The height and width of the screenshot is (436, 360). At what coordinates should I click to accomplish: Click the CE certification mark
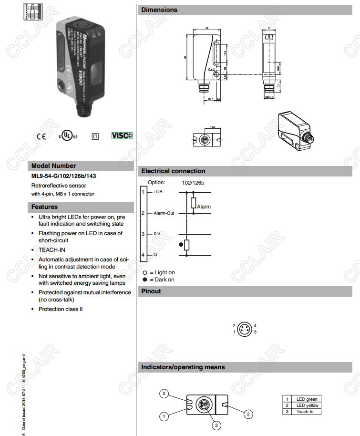point(41,136)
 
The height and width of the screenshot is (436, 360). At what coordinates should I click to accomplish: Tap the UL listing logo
point(68,136)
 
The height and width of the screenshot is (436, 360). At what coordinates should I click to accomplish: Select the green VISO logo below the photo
point(122,135)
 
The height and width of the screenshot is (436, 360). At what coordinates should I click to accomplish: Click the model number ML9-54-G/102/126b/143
point(63,176)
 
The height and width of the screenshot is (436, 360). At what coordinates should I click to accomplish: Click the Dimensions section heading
point(159,10)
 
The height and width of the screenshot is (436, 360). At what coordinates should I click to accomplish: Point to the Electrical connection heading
point(173,171)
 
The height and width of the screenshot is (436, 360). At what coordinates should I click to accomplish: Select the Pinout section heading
point(151,291)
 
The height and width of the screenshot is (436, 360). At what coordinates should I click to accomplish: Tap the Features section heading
point(44,207)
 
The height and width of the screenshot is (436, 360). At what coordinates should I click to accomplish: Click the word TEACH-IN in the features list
point(52,249)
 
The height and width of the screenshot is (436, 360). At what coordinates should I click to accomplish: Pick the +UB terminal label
point(158,192)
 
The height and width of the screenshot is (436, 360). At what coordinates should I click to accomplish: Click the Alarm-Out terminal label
point(164,213)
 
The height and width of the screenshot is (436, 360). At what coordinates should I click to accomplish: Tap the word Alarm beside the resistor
point(204,207)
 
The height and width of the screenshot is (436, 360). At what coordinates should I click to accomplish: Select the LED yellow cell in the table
point(307,405)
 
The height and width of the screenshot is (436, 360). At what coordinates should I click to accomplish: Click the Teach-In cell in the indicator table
point(305,411)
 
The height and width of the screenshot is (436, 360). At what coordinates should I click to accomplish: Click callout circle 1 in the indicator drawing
point(164,416)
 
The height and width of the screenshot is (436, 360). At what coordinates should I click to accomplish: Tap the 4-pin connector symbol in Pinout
point(245,329)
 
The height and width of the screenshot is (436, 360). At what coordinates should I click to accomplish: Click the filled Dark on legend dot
point(145,280)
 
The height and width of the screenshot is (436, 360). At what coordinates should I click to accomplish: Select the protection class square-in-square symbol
point(95,136)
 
